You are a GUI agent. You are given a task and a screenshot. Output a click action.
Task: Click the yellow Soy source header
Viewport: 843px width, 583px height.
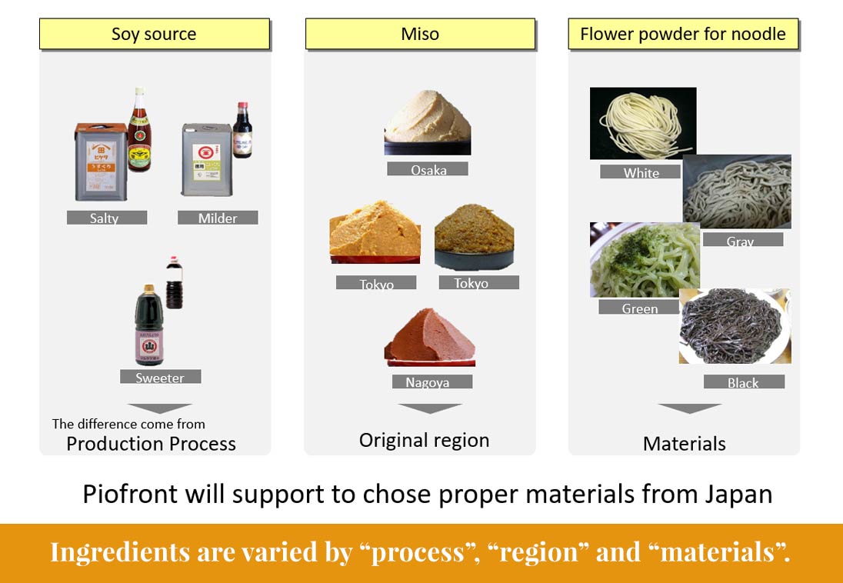[x=154, y=35]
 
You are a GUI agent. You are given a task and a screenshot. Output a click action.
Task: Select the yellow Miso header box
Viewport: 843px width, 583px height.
[x=420, y=35]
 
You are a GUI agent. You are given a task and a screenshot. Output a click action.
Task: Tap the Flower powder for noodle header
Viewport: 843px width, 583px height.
[x=683, y=35]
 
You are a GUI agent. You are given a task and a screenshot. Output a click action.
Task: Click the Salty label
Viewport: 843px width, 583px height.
[x=106, y=218]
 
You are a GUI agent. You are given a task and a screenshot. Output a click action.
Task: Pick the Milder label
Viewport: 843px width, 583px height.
[x=218, y=218]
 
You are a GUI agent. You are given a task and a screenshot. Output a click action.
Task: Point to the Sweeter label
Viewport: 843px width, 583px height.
[x=160, y=377]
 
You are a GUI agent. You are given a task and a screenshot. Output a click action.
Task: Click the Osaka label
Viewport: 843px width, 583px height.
[x=428, y=169]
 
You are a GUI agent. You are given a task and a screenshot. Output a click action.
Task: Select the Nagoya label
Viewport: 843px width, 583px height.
[x=431, y=381]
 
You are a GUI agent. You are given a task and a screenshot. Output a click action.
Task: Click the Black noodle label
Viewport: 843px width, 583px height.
[x=744, y=381]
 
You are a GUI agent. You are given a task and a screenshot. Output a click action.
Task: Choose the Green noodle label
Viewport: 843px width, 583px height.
[x=639, y=308]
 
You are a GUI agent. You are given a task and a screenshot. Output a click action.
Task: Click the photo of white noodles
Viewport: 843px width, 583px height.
[x=642, y=123]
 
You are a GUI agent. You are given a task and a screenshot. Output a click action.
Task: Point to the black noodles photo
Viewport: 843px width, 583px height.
[x=735, y=326]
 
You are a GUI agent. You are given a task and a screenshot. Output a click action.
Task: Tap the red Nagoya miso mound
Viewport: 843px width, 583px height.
[x=429, y=339]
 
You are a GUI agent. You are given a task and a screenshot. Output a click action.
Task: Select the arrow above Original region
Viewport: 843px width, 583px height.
[x=429, y=408]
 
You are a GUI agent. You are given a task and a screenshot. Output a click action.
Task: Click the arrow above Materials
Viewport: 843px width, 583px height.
[x=689, y=408]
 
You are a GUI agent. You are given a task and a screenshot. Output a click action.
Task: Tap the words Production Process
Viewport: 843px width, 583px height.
[x=151, y=444]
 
